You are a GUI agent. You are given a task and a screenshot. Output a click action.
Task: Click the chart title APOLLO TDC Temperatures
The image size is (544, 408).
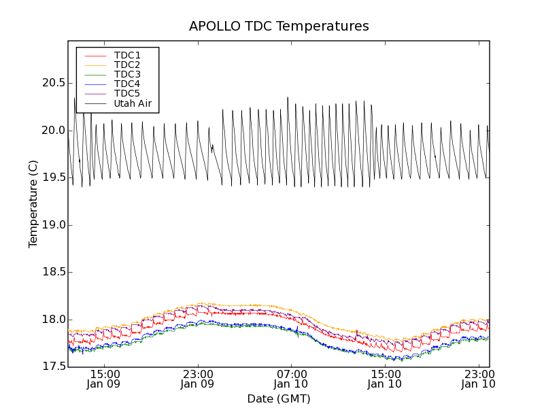pyautogui.click(x=279, y=27)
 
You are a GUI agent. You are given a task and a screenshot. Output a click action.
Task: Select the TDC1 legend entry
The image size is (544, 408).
pyautogui.click(x=127, y=55)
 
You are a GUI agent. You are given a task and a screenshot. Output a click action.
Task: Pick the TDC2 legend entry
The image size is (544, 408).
pyautogui.click(x=127, y=65)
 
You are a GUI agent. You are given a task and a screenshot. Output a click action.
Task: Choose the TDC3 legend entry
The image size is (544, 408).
pyautogui.click(x=127, y=74)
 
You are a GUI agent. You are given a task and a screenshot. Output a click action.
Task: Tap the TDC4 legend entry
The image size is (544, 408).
pyautogui.click(x=127, y=84)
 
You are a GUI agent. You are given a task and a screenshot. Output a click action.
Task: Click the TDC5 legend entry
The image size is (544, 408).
pyautogui.click(x=127, y=93)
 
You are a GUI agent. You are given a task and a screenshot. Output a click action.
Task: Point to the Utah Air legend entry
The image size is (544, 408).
pyautogui.click(x=133, y=103)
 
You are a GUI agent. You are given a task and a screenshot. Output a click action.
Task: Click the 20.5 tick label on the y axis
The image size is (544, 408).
pyautogui.click(x=52, y=83)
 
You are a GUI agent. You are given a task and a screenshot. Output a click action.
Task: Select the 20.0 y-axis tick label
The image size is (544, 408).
pyautogui.click(x=52, y=131)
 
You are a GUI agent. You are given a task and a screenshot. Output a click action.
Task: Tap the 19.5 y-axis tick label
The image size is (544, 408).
pyautogui.click(x=52, y=177)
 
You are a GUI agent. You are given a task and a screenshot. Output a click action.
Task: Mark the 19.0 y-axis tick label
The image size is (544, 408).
pyautogui.click(x=52, y=225)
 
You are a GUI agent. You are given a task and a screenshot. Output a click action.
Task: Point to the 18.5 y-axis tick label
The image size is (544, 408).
pyautogui.click(x=52, y=272)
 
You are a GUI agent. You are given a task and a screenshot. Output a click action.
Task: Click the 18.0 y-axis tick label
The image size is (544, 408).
pyautogui.click(x=52, y=320)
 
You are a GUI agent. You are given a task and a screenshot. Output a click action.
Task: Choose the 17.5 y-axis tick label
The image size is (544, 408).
pyautogui.click(x=52, y=367)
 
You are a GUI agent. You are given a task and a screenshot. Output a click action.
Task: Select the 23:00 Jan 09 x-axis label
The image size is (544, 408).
pyautogui.click(x=198, y=379)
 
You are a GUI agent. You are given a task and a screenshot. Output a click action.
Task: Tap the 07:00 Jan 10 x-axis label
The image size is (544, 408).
pyautogui.click(x=292, y=379)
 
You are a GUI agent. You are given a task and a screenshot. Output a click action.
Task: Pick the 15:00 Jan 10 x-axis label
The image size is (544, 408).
pyautogui.click(x=385, y=379)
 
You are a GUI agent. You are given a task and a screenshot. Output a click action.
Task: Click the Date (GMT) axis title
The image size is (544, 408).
pyautogui.click(x=279, y=398)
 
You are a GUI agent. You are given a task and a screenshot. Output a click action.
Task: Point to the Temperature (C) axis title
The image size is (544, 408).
pyautogui.click(x=33, y=204)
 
